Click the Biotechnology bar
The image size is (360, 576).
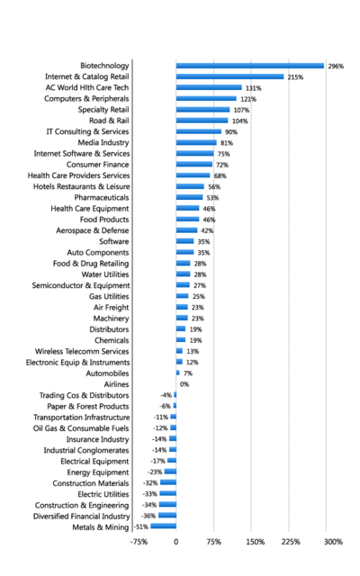(250, 66)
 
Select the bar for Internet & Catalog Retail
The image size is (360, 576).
(230, 76)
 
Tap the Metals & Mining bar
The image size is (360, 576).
(164, 526)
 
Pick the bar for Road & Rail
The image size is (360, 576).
(202, 121)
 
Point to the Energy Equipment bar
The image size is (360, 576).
(170, 472)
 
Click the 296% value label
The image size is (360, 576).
(336, 66)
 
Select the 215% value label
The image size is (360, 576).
(295, 77)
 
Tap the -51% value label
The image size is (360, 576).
(141, 526)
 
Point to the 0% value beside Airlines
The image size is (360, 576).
(184, 384)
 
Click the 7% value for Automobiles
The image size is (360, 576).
(188, 373)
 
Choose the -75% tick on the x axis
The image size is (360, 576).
(139, 542)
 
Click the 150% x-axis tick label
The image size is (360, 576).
(256, 542)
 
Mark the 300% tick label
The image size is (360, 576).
(333, 542)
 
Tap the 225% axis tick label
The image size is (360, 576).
(291, 542)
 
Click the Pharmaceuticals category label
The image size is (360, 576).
(102, 198)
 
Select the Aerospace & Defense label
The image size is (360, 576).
(93, 230)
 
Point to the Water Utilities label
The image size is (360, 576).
(105, 274)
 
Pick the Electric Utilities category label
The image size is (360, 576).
(103, 494)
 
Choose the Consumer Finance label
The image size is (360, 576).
(98, 165)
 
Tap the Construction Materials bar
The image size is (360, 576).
(168, 482)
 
